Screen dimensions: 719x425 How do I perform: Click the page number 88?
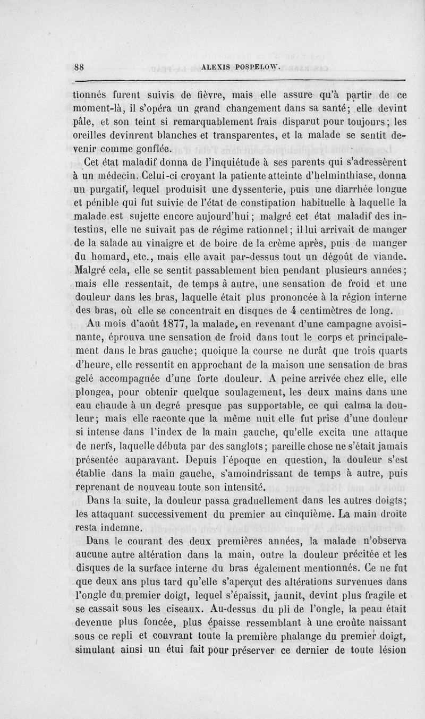(x=80, y=67)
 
